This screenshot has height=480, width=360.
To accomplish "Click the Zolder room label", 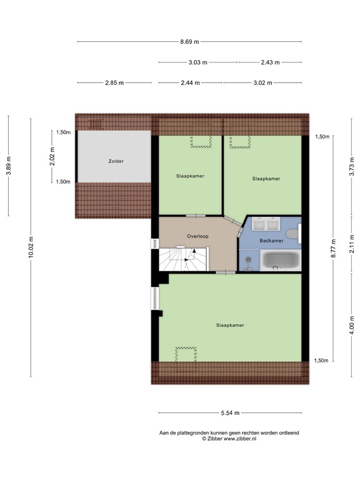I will point(116,161).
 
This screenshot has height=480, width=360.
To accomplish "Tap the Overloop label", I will point(197,236).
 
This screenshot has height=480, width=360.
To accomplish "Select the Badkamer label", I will point(272,241).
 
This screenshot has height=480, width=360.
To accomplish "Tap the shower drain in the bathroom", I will point(248,268).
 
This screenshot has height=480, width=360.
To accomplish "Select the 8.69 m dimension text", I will point(189,42).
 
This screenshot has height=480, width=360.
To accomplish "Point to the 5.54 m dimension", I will point(230,413).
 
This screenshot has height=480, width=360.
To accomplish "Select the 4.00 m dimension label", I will point(352,326).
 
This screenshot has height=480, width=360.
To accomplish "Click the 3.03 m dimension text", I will point(198,62).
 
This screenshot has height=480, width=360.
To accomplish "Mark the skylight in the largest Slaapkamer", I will point(186,353).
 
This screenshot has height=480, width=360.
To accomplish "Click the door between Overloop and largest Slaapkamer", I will point(226,272).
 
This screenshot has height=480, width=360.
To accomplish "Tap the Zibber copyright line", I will point(229,439).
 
